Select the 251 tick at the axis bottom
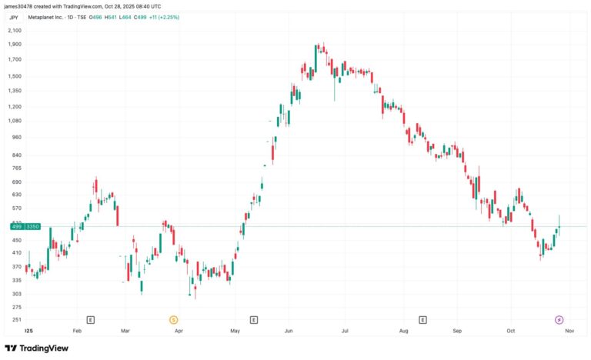tap(15, 319)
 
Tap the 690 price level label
tap(15, 182)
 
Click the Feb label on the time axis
tap(77, 330)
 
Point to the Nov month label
tap(568, 330)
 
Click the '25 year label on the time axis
tap(29, 330)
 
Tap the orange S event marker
tap(173, 319)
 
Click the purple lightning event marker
tap(559, 319)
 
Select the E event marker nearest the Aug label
tap(422, 319)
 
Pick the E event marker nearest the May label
tap(254, 319)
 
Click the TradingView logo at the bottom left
tap(36, 348)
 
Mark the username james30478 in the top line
tap(21, 5)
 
